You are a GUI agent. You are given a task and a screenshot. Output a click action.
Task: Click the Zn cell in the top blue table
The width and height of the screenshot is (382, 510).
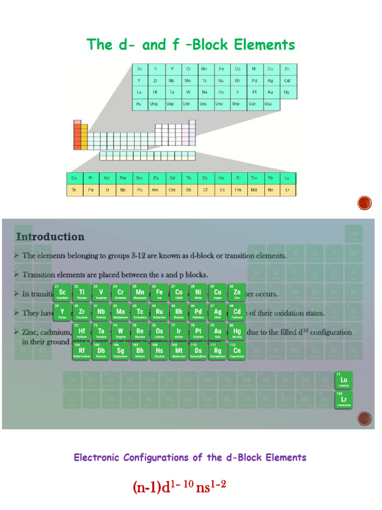pos(287,69)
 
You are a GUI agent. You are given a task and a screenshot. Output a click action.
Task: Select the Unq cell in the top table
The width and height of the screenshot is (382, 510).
pos(156,104)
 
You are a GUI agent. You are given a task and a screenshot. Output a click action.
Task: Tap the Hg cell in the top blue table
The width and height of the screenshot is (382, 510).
pos(287,92)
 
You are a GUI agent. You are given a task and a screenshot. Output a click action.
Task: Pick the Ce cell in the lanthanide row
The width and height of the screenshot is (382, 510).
pos(74,178)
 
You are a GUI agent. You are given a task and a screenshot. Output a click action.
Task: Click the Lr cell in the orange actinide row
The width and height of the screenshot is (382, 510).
pos(287,190)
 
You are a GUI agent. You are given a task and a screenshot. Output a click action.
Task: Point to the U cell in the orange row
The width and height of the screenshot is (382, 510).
pos(106,190)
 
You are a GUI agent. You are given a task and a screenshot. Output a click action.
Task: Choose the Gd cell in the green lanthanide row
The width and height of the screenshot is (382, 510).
pos(172,178)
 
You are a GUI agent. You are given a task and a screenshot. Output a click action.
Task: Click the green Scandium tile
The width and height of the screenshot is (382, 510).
pos(62,293)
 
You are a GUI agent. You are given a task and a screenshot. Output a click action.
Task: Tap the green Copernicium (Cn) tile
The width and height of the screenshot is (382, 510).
pos(237,352)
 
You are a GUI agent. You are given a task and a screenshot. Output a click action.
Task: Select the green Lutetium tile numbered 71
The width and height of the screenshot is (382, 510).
pos(344,381)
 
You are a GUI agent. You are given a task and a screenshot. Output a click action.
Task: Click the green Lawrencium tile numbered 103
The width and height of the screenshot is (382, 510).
pos(344,400)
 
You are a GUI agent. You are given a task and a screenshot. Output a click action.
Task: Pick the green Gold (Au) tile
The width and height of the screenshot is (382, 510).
pos(218,332)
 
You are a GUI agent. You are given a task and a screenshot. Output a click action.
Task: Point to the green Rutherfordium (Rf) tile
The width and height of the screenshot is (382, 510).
pos(82,352)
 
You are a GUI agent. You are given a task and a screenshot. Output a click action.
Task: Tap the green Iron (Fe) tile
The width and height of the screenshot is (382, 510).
pos(159,293)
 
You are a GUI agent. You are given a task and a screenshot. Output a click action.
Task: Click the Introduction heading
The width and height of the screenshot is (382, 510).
pos(50,237)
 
